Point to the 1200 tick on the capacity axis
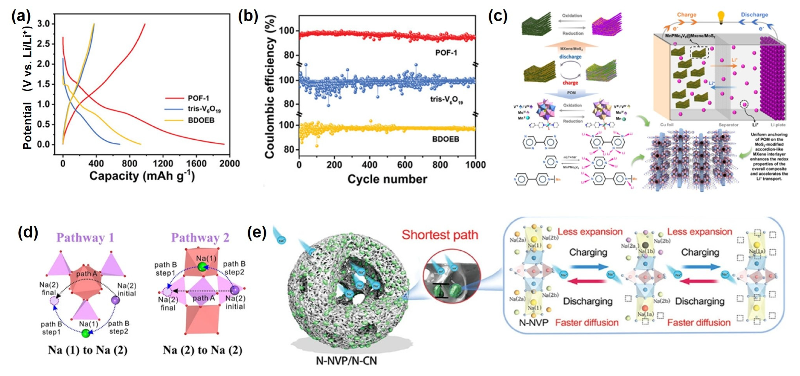[x=163, y=163]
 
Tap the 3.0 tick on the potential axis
[x=43, y=24]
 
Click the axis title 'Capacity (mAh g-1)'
[x=142, y=176]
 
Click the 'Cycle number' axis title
[x=387, y=179]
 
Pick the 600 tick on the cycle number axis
[x=405, y=164]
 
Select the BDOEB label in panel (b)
[x=445, y=139]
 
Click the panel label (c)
[x=497, y=16]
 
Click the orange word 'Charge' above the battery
[x=686, y=15]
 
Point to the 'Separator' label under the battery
[x=728, y=125]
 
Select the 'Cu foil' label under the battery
[x=667, y=125]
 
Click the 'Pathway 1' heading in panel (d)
[x=85, y=238]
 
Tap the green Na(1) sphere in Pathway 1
[x=85, y=334]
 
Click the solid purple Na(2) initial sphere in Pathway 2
[x=235, y=290]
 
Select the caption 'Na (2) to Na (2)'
[x=203, y=350]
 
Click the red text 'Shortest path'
[x=440, y=235]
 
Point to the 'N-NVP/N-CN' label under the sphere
[x=346, y=361]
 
